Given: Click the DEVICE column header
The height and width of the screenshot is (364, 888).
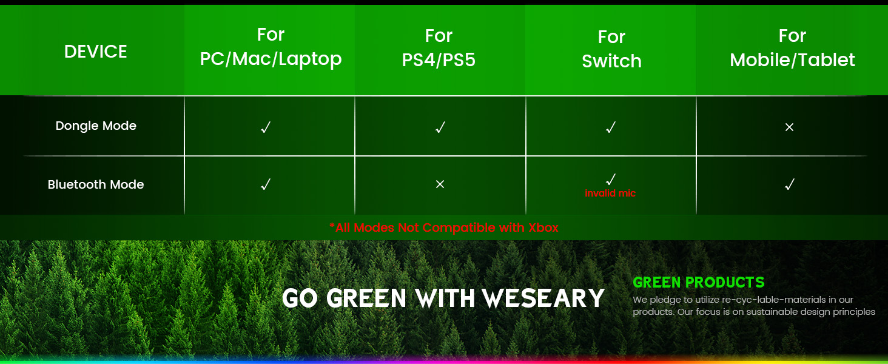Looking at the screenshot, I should tap(96, 52).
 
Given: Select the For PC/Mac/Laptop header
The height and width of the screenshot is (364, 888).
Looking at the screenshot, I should tap(271, 47).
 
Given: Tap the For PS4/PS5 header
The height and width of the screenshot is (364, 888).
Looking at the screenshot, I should tap(439, 48).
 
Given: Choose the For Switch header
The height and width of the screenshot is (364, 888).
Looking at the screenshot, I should tap(611, 49).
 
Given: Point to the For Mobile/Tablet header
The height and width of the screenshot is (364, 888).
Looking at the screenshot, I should tap(792, 48).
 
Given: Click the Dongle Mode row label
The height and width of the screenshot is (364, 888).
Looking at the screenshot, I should tap(96, 126).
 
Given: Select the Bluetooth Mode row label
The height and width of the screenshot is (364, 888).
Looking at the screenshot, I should tap(96, 184).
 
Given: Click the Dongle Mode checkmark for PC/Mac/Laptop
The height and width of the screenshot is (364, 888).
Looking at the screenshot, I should tap(265, 127).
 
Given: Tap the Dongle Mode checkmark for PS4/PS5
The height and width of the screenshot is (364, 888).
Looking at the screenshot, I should tap(440, 127).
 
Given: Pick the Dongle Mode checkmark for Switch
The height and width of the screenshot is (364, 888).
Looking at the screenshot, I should tap(611, 127).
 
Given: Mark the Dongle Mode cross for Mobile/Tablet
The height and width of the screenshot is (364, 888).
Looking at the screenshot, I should tap(789, 127).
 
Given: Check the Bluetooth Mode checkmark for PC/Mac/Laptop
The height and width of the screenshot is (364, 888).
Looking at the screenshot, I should tap(265, 184).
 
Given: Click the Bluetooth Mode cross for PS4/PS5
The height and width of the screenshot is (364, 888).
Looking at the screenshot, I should tap(440, 184).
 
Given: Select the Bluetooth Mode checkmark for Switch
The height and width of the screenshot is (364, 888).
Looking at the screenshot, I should tap(611, 179).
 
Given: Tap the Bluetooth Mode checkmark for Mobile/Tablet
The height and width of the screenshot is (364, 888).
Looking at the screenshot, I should tap(789, 184).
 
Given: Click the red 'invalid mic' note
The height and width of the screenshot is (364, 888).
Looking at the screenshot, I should tap(610, 194).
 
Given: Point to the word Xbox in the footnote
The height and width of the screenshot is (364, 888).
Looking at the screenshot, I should tap(543, 227).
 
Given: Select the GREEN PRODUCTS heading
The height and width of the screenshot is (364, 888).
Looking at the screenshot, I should tap(698, 282).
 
